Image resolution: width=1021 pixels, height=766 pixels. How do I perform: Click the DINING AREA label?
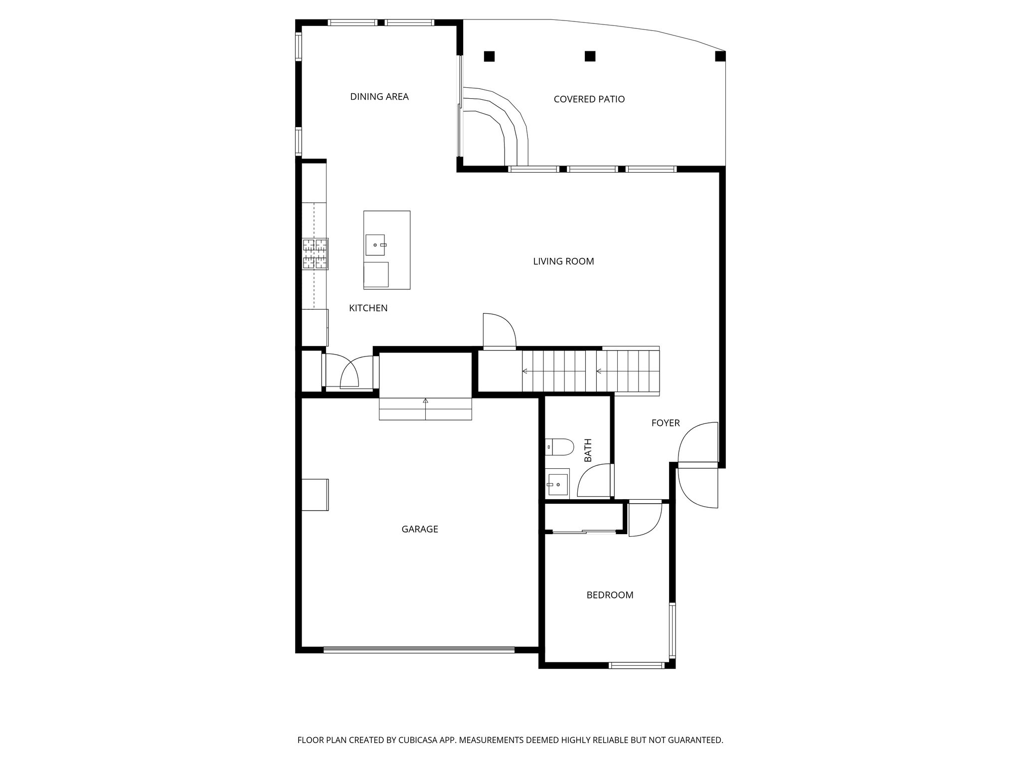(x=379, y=97)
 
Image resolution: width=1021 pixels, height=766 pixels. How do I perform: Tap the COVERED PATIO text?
(x=589, y=99)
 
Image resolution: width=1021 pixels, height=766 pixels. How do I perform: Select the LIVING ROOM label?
(x=563, y=261)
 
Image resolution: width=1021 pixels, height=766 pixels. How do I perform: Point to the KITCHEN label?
(x=368, y=308)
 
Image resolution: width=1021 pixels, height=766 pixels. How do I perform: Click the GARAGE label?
(x=420, y=529)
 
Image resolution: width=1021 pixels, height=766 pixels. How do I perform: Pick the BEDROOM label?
(x=610, y=595)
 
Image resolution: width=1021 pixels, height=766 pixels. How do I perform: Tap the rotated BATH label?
(x=588, y=450)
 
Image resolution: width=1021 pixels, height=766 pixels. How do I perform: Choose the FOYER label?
(x=666, y=423)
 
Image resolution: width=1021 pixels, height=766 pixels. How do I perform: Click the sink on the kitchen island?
(x=375, y=245)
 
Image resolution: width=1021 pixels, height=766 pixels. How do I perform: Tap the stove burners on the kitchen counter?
(x=315, y=254)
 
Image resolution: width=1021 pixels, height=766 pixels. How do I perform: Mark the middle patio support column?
(x=590, y=56)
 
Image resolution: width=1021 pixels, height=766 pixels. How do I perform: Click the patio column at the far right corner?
(x=720, y=56)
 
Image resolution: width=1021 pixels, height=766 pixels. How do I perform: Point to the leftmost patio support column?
(x=489, y=56)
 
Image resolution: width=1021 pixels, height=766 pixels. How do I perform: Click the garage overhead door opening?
(x=419, y=649)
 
